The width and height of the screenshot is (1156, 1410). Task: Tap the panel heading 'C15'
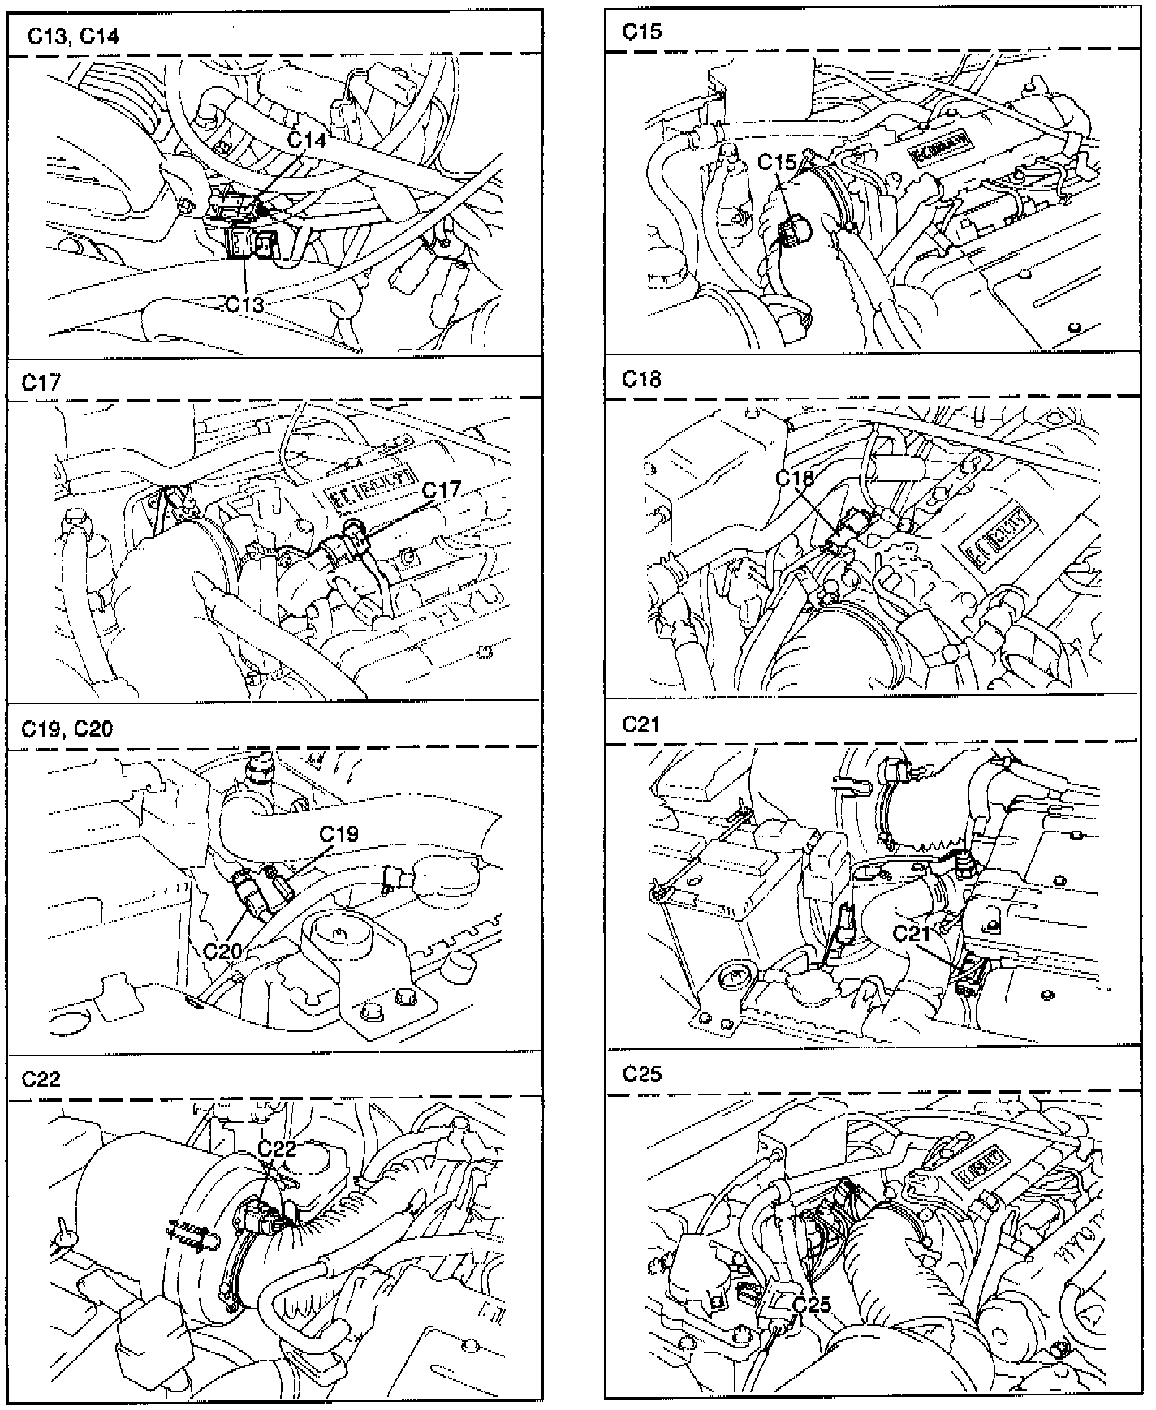coord(642,31)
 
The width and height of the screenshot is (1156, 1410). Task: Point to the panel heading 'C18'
coord(642,378)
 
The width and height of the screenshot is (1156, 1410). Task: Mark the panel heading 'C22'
coord(41,1079)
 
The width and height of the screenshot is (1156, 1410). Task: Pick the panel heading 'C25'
coord(642,1073)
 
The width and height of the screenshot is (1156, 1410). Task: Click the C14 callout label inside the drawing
coord(307,140)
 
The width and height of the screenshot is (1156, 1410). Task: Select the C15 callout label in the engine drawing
coord(777,162)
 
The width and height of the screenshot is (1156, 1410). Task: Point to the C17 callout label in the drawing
coord(441,489)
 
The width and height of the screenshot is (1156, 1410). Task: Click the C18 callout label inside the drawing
coord(794,478)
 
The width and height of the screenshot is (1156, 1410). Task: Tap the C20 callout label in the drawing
coord(222,950)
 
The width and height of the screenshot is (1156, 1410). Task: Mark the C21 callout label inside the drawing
coord(912,934)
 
